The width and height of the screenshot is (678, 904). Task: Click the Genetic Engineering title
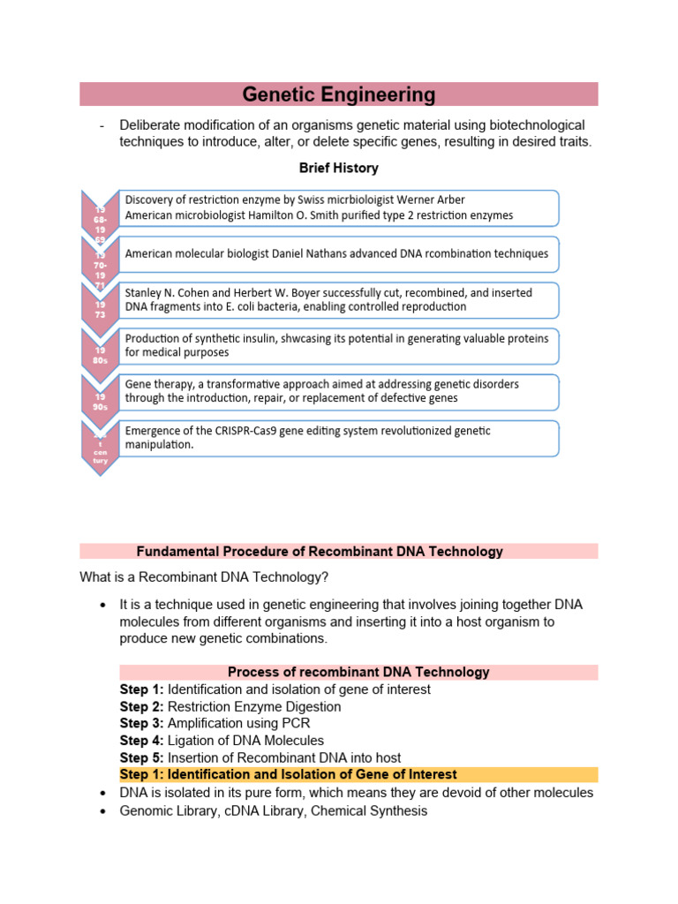click(x=339, y=94)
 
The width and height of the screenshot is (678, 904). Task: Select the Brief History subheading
click(x=339, y=168)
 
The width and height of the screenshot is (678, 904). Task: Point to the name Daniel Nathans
click(x=317, y=253)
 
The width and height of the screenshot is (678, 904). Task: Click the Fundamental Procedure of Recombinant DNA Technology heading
click(x=320, y=552)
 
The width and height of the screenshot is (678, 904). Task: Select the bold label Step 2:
click(x=141, y=706)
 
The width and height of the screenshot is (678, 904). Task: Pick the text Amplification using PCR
click(x=238, y=723)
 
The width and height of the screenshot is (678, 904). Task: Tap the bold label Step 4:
click(x=141, y=740)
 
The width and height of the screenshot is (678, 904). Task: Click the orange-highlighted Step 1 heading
click(x=288, y=774)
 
